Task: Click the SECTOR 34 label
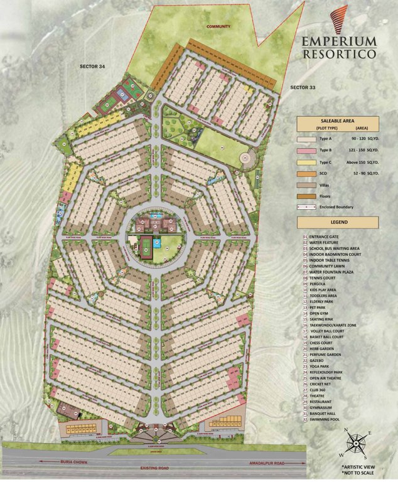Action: point(92,65)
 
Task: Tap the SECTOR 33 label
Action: point(306,86)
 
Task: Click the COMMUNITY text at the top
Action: point(218,26)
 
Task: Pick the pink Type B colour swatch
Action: point(306,150)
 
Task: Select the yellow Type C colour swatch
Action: point(306,161)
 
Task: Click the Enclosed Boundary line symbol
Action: point(306,206)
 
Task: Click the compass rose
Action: point(356,444)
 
